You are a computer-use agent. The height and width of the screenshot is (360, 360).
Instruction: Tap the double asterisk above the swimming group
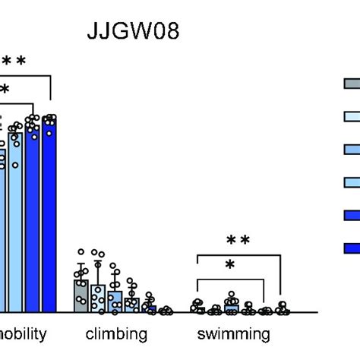click(x=238, y=241)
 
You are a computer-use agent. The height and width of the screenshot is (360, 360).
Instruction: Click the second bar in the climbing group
click(x=97, y=298)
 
